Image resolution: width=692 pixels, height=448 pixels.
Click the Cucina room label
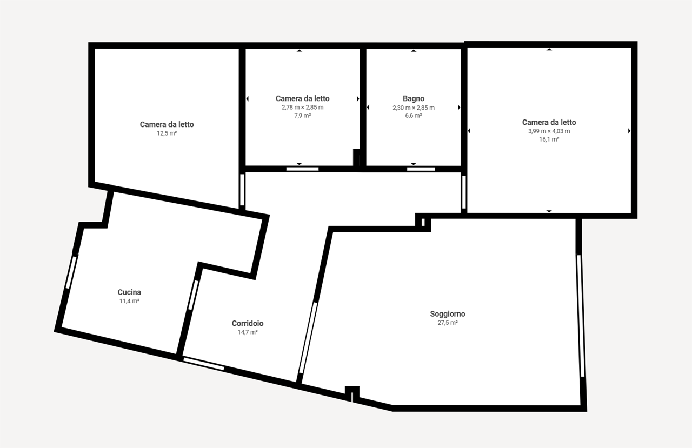pos(129,292)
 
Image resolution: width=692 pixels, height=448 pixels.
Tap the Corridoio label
pos(248,323)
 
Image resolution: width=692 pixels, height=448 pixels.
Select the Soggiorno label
pos(447,314)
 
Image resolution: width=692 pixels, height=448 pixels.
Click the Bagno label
pos(414,98)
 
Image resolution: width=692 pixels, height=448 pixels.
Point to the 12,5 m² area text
pos(167,133)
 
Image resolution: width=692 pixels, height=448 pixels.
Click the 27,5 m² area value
pos(447,323)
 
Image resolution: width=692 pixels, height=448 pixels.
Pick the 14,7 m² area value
pos(248,332)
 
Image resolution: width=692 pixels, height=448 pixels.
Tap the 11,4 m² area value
pos(129,301)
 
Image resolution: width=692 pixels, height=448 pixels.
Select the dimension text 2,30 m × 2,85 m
pos(414,108)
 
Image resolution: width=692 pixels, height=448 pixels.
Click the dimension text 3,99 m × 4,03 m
pos(549,131)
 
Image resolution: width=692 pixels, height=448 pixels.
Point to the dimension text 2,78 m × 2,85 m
pos(302,108)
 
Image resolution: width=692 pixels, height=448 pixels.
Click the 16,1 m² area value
pos(549,139)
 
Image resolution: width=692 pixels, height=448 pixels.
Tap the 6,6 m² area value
pos(414,116)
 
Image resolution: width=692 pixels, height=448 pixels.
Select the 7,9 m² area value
pos(302,116)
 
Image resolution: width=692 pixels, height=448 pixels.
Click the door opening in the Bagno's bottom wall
pos(421,169)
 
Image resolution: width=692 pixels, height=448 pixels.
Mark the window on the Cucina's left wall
pos(71,272)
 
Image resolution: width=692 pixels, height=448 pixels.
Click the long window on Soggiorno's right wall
pos(581,316)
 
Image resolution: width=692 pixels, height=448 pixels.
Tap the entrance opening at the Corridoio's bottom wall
pos(204,364)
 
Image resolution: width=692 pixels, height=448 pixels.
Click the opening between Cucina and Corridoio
pos(193,295)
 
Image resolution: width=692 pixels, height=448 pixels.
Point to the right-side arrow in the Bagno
pos(459,108)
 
